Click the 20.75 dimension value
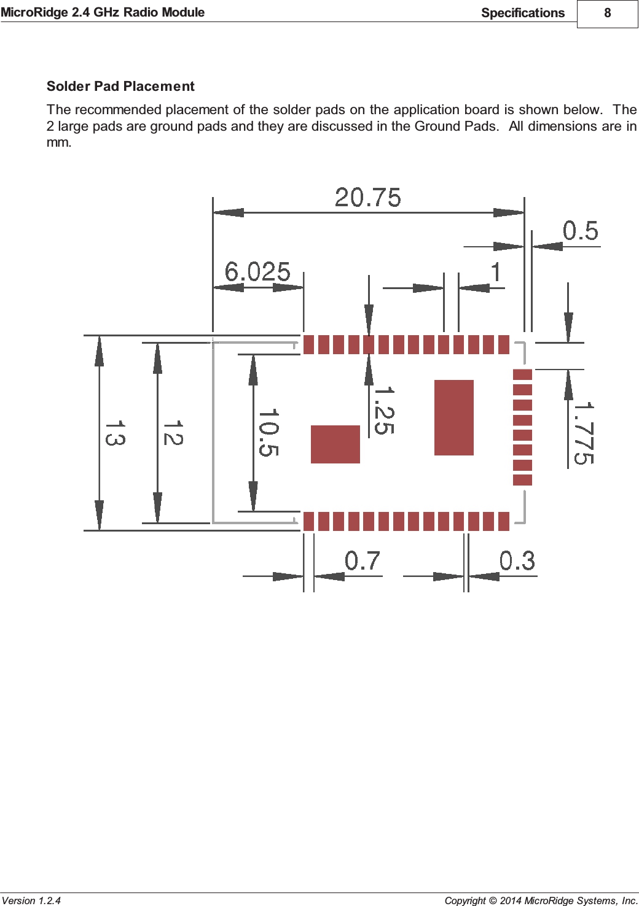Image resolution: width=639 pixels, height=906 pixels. point(367,198)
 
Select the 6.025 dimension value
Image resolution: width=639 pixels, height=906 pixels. point(257,271)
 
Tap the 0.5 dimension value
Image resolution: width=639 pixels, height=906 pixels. point(580,231)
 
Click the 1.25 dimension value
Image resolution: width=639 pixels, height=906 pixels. point(384,410)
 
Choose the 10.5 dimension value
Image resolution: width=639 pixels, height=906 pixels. point(269,433)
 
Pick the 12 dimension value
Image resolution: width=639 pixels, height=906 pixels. point(173,433)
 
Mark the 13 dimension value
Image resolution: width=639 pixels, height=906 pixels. point(115,433)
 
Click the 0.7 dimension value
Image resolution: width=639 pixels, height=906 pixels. point(362,560)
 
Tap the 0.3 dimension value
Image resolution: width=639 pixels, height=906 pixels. point(517,560)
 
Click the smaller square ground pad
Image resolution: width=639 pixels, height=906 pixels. point(335,444)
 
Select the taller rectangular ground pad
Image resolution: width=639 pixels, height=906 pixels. point(453,417)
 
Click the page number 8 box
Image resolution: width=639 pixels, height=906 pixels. point(607,14)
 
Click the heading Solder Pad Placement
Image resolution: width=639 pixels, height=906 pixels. point(120,87)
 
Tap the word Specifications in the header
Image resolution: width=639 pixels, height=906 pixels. point(522,13)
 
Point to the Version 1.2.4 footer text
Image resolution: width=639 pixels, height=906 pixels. point(31,900)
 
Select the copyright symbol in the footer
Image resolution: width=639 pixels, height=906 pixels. point(493,900)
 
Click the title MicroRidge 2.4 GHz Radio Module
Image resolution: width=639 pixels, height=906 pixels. point(103,12)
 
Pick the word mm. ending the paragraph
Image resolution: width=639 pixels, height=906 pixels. point(59,142)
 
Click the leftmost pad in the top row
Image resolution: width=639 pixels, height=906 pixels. point(308,344)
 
